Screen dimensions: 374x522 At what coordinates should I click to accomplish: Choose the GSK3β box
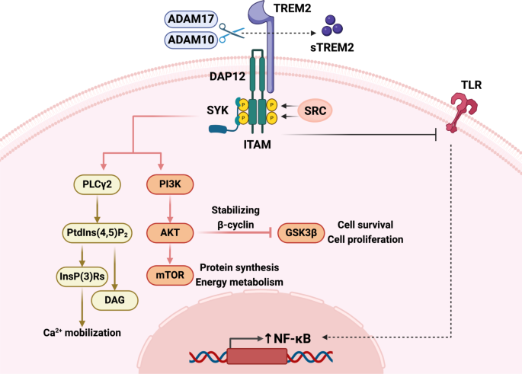296,230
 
